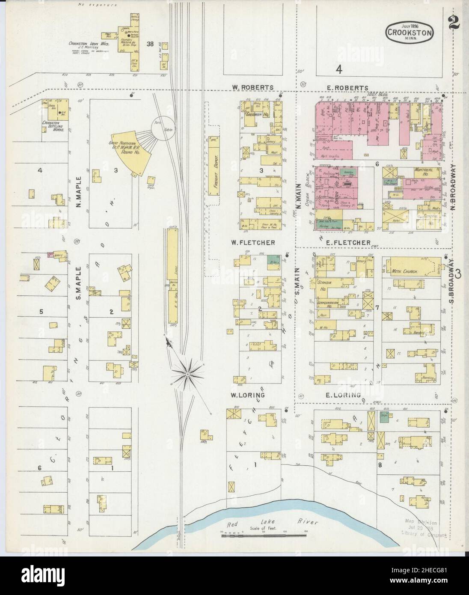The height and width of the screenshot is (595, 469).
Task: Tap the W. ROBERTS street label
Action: tap(253, 87)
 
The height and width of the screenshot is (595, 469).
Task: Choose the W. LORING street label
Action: tap(248, 395)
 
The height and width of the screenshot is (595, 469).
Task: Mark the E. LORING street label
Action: tap(343, 395)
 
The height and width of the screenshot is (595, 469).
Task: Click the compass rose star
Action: tap(187, 373)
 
